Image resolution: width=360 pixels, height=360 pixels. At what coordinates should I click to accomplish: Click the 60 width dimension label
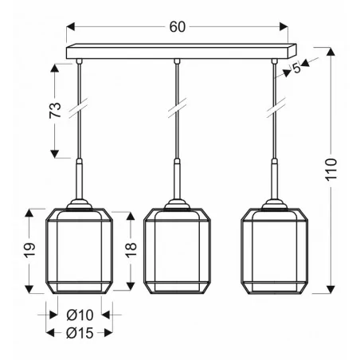177,26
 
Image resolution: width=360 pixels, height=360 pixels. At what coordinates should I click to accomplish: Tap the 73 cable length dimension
54,111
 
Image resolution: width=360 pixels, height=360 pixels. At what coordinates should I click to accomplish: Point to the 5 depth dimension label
297,68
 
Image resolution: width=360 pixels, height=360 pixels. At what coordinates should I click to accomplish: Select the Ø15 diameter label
80,332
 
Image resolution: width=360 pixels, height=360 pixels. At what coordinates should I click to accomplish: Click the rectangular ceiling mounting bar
177,51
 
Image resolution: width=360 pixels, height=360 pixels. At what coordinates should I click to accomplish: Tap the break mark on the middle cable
176,106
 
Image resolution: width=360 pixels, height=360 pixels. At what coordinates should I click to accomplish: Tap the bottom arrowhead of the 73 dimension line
54,155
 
